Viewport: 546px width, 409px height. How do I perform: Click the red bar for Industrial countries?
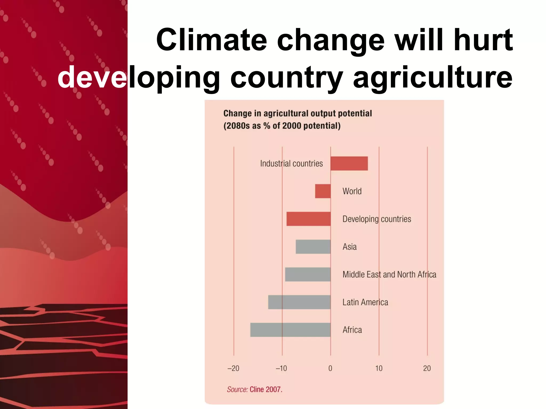[349, 163]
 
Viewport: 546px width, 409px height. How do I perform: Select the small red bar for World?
[323, 191]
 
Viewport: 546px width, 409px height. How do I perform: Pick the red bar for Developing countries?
[308, 219]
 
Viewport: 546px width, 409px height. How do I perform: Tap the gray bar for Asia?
[313, 247]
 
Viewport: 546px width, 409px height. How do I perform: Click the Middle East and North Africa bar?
[308, 274]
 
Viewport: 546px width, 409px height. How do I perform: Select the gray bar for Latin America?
[299, 302]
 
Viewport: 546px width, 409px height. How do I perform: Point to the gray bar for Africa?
[290, 330]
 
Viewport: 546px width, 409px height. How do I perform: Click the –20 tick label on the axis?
[233, 368]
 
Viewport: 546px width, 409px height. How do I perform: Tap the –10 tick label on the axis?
[281, 368]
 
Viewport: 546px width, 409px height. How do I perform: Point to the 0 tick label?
[330, 368]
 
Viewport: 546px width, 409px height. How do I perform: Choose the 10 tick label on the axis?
[379, 368]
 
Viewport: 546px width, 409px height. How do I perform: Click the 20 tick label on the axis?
[427, 368]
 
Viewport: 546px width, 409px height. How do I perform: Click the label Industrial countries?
[291, 163]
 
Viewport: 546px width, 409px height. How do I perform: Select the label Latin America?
[365, 302]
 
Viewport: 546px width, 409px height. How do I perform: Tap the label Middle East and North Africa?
[389, 275]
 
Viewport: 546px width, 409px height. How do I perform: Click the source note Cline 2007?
[266, 389]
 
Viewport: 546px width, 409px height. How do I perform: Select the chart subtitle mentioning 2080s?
[282, 126]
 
